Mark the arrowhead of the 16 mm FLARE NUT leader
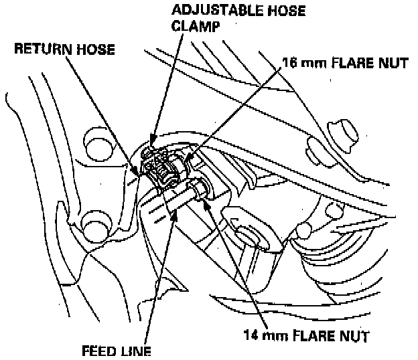tap(188, 161)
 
